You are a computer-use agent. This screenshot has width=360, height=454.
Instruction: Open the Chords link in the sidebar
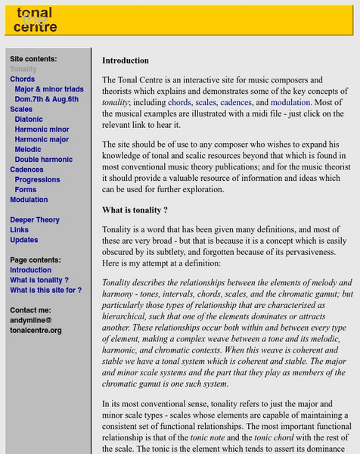tap(22, 79)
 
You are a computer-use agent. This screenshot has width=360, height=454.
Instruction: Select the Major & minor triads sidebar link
tap(49, 89)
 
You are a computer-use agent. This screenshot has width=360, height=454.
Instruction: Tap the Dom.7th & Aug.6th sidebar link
tap(46, 99)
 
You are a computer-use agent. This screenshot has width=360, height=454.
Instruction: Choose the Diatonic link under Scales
tap(29, 120)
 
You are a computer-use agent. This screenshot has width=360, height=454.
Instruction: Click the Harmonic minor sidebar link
tap(42, 129)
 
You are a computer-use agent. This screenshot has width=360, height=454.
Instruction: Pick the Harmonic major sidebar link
tap(42, 139)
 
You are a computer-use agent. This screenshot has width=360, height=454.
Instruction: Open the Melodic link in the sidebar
tap(28, 150)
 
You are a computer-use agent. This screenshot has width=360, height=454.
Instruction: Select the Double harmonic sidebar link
tap(44, 160)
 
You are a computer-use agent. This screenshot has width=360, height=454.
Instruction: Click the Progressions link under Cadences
tap(37, 180)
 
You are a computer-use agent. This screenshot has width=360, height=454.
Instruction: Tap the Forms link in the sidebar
tap(26, 190)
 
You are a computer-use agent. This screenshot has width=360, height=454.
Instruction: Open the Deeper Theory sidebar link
tap(35, 220)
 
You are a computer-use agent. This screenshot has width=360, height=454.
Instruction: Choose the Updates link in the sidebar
tap(23, 240)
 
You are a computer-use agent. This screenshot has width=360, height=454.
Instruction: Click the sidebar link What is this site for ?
tap(45, 290)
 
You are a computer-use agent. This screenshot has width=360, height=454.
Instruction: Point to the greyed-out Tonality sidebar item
tap(23, 69)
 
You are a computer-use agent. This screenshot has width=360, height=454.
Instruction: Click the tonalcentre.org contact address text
tap(36, 331)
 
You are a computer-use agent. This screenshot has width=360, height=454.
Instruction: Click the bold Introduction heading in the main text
tap(126, 61)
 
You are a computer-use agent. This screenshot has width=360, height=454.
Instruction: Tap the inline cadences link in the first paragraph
tap(235, 102)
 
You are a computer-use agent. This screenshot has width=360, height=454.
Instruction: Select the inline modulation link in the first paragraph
tap(290, 102)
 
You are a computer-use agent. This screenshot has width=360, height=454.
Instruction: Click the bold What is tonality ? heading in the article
tap(135, 210)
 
